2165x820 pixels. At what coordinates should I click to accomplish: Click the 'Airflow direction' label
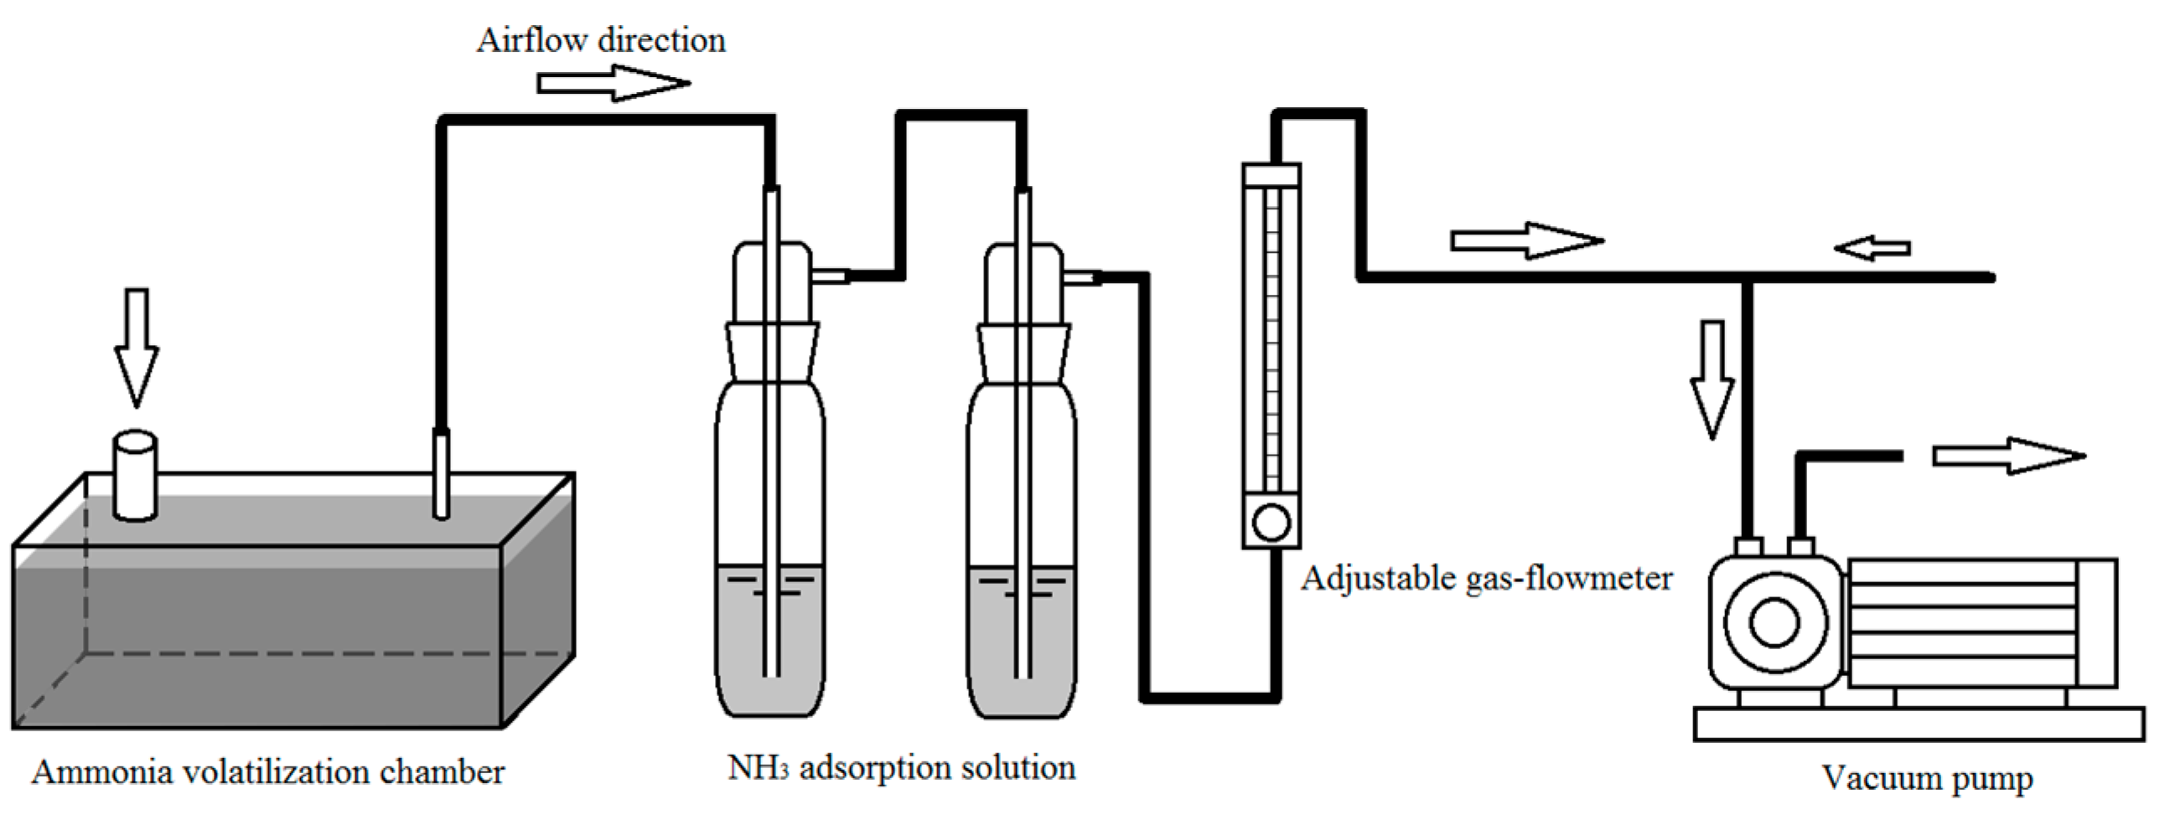point(601,40)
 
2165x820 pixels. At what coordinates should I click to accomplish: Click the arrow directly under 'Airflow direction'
point(614,83)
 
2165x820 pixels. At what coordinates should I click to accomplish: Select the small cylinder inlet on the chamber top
point(134,476)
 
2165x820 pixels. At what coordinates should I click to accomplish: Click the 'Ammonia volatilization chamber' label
point(267,771)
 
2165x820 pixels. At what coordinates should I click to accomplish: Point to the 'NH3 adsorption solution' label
point(901,767)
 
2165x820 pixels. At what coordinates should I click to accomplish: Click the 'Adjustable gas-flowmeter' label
point(1486,578)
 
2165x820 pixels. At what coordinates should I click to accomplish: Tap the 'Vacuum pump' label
point(1926,777)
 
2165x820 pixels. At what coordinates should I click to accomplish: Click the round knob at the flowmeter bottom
point(1271,523)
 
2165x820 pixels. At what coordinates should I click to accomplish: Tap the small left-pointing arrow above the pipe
point(1872,249)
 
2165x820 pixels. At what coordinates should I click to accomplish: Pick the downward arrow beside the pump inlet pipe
point(1712,378)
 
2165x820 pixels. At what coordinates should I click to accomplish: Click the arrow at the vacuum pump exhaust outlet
point(2008,456)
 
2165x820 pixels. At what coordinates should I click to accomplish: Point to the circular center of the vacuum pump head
point(1774,622)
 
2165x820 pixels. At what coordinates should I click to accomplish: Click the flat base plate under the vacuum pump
point(1918,725)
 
